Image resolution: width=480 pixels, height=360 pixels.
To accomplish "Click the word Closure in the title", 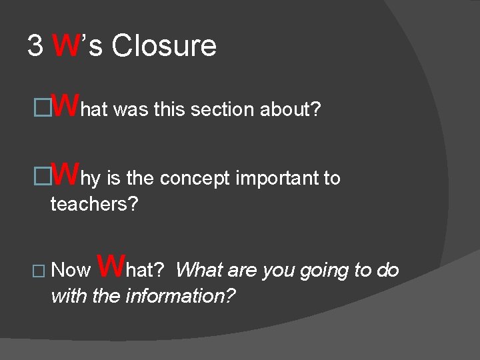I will coord(164,46).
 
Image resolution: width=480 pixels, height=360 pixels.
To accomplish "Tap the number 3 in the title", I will coord(35,46).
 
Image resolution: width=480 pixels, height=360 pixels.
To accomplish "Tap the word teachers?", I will coord(94,204).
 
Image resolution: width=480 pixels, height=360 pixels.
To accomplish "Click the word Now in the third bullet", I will coord(71,271).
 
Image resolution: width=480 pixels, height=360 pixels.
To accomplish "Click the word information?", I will coord(181,295).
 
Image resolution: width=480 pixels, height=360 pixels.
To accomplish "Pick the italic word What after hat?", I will coord(199,270).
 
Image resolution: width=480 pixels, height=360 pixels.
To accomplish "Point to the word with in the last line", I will coord(69,295).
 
